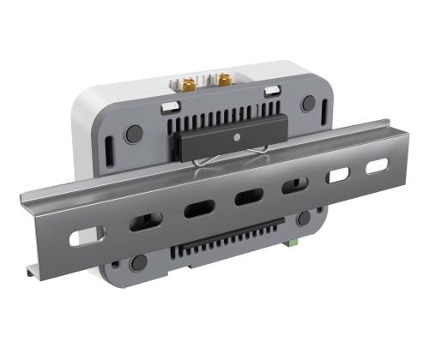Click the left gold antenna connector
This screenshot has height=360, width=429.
186,82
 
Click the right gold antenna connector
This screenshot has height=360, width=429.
224,81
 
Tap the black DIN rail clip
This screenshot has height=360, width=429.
222,140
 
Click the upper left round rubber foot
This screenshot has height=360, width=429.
134,134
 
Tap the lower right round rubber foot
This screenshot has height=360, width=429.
304,219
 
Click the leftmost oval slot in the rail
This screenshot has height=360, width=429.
86,235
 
